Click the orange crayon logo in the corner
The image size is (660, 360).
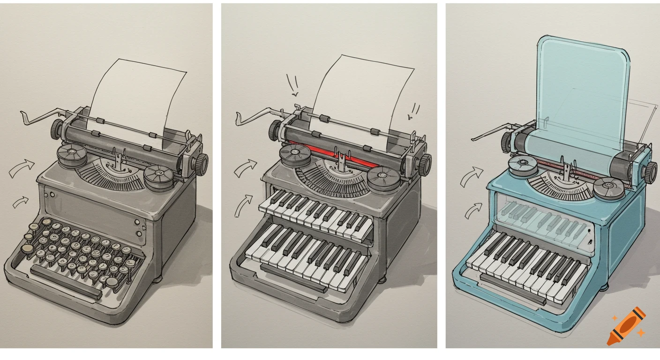coord(627,326)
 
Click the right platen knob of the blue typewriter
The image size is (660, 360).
coord(650,172)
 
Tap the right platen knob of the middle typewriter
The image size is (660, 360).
coord(425,165)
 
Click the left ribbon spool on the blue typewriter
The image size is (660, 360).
coord(521,165)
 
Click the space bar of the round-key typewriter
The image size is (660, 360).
coord(66,280)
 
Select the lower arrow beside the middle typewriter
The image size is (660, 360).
coord(242,206)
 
